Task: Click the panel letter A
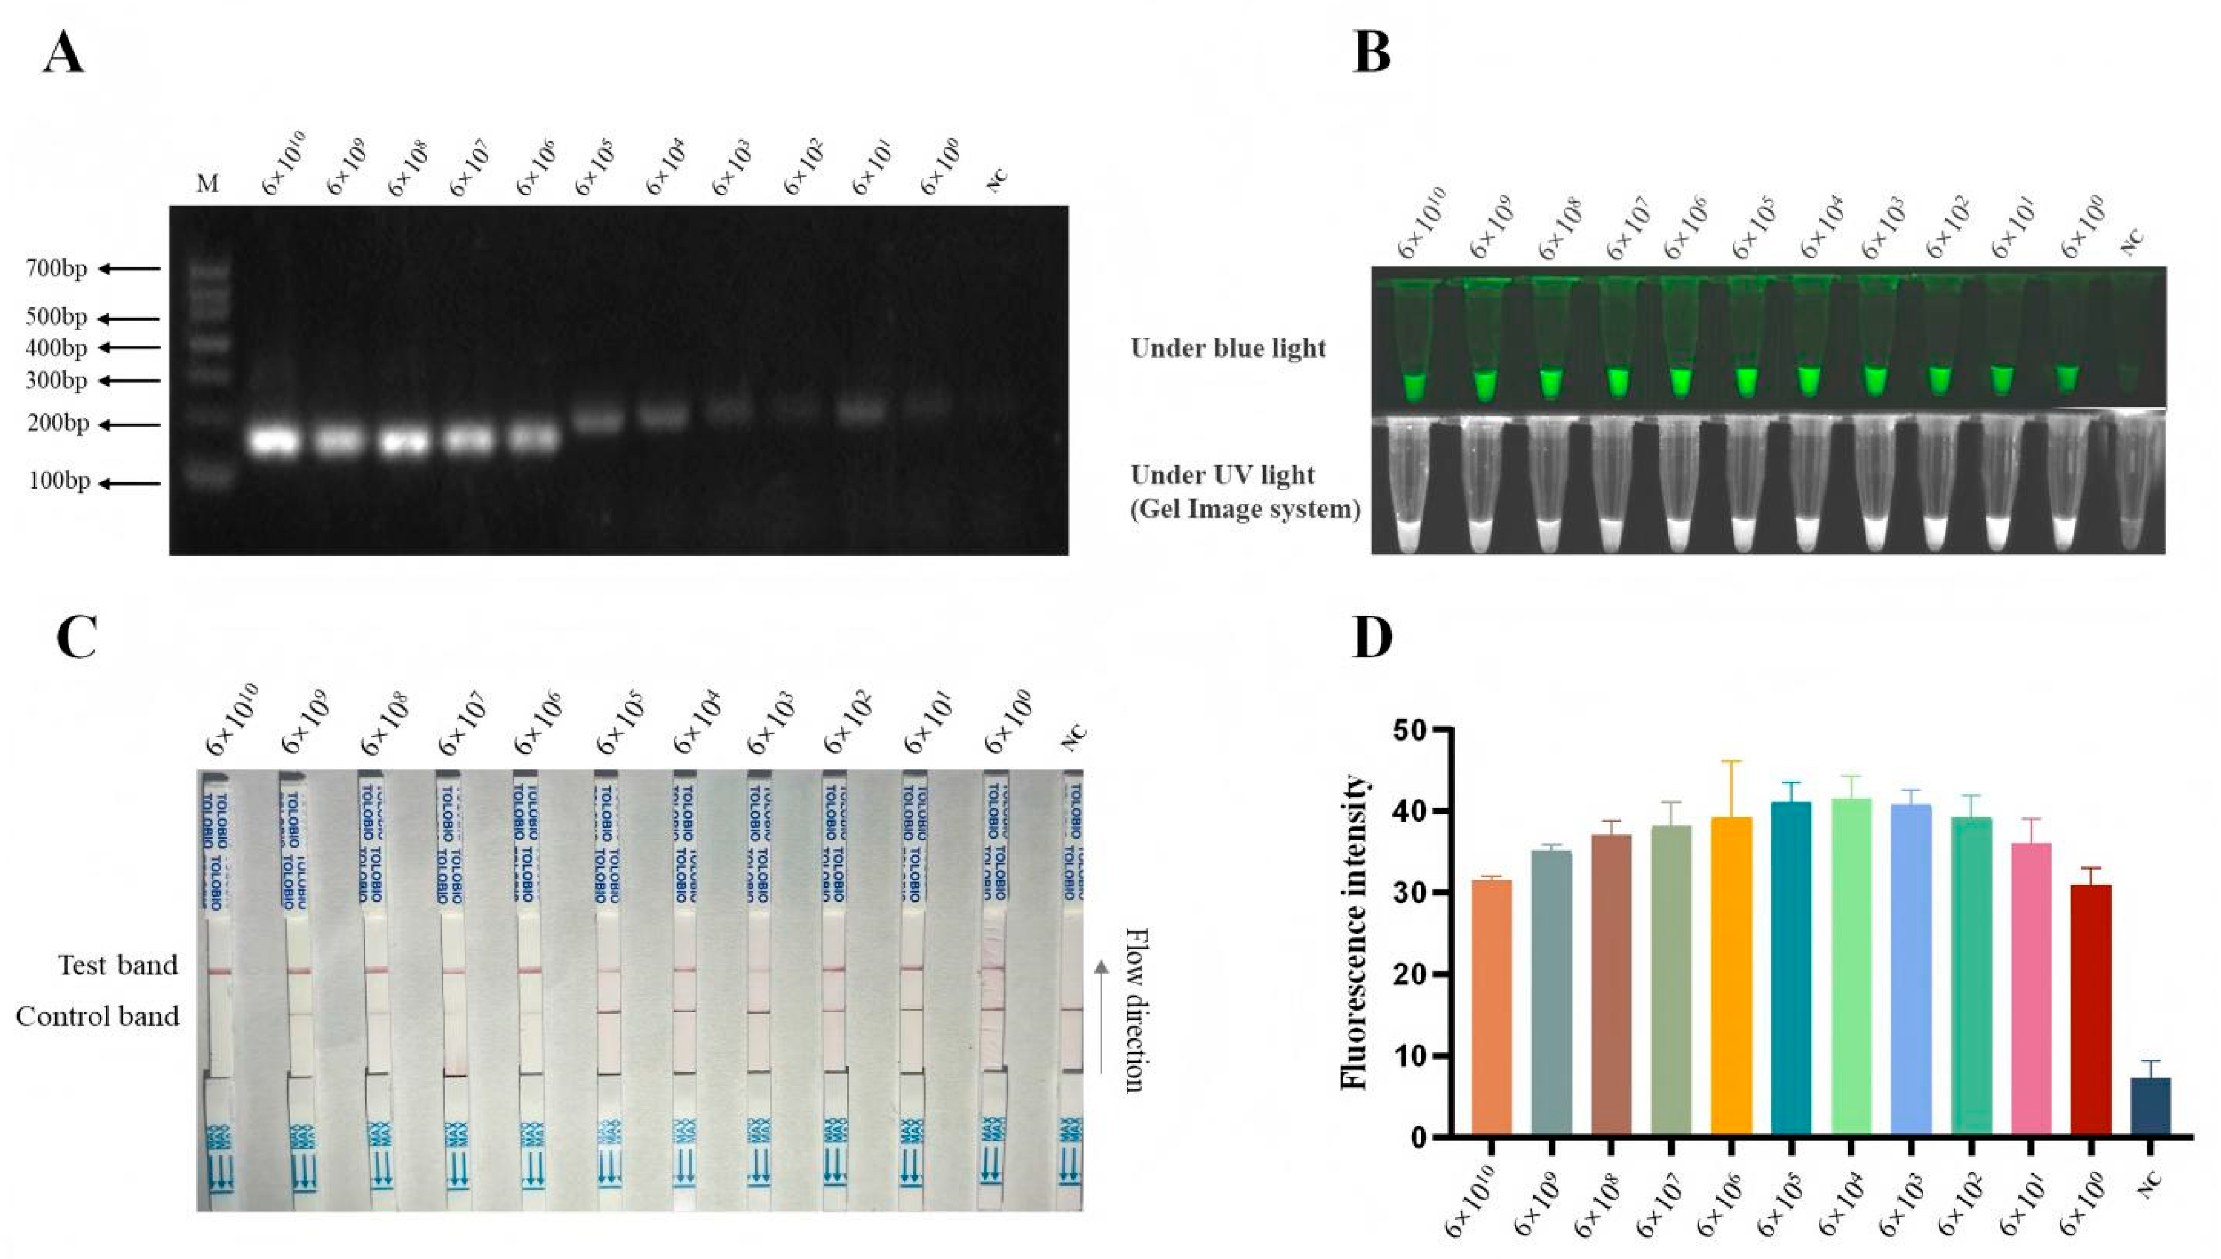click(64, 53)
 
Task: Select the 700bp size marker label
click(57, 269)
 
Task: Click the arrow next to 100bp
click(129, 483)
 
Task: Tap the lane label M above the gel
click(208, 183)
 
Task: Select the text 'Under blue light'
click(1228, 348)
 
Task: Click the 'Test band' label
click(118, 965)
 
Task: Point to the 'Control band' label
click(98, 1016)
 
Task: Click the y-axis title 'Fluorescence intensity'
click(1355, 931)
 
